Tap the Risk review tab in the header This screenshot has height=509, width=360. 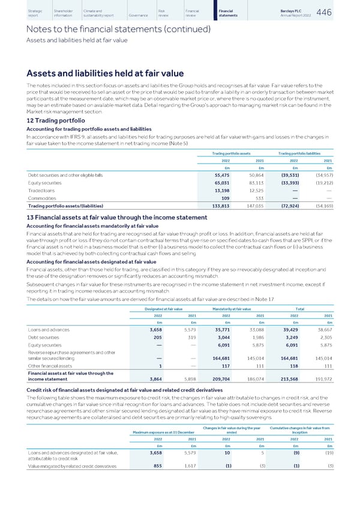[x=165, y=14]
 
